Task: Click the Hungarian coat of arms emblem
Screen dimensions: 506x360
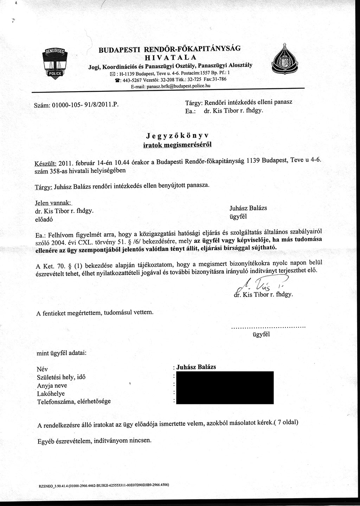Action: point(284,59)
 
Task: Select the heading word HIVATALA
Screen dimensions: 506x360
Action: point(171,57)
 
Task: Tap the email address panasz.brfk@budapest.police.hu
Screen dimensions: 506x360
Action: point(171,86)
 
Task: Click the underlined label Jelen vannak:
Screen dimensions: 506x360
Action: point(53,203)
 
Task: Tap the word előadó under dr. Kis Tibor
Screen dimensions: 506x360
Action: point(45,219)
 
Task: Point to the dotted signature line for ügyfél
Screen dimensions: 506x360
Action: point(268,328)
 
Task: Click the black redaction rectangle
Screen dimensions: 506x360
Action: point(225,387)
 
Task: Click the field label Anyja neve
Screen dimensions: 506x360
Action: point(52,386)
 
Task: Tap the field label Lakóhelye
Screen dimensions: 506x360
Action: point(51,393)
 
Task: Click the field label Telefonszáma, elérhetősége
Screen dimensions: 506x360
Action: point(74,401)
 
